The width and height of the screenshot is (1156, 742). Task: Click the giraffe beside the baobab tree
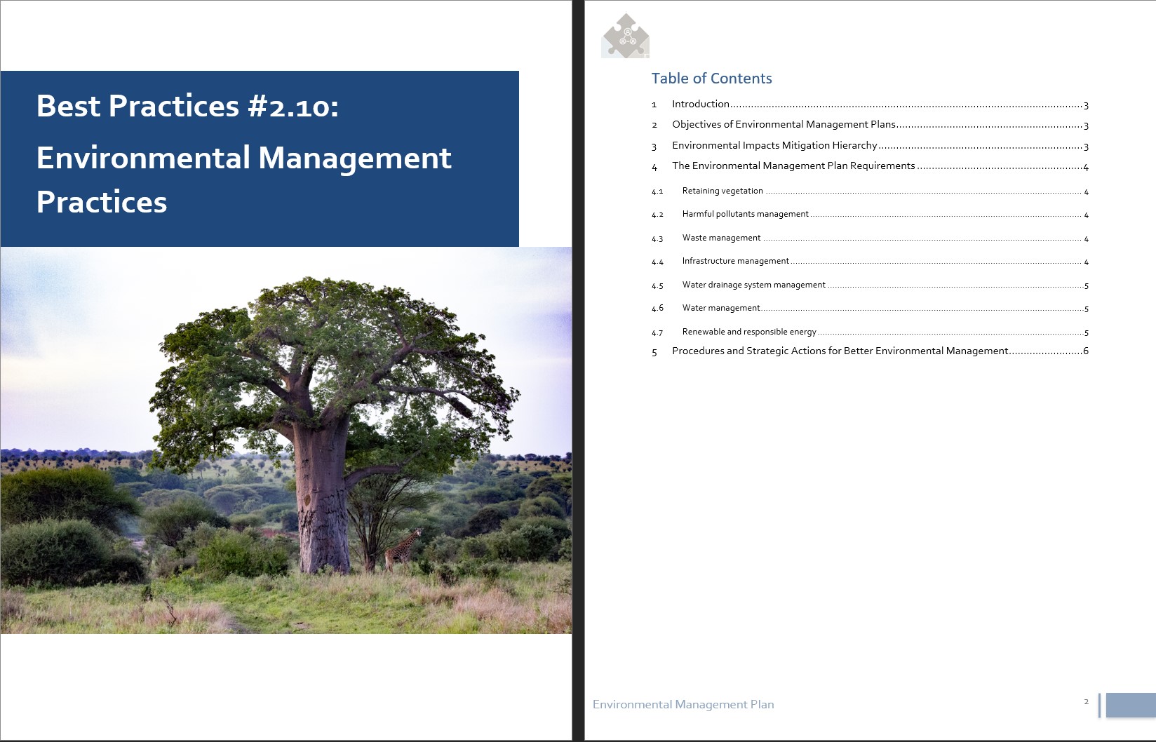coord(402,550)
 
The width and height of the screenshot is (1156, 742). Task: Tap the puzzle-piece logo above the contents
coord(626,36)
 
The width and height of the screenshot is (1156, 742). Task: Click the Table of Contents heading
coord(711,79)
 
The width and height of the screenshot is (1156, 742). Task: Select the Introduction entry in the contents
coord(700,104)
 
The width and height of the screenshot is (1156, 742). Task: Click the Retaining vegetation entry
coord(722,191)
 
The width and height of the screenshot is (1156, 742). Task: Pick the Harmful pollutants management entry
coord(745,214)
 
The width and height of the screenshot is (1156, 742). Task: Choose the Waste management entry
coord(721,238)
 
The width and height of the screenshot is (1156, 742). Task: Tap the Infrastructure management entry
coord(735,261)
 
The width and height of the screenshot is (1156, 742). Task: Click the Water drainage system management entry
coord(753,285)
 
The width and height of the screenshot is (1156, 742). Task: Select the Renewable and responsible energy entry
coord(749,332)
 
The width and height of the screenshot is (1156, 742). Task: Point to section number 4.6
coord(657,309)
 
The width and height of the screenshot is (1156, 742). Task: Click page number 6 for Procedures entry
coord(1086,351)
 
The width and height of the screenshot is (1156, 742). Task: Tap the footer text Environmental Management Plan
coord(683,705)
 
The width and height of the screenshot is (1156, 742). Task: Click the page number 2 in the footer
coord(1087,702)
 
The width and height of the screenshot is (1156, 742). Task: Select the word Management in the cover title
coord(354,158)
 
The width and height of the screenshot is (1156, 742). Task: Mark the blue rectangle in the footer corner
coord(1130,706)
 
